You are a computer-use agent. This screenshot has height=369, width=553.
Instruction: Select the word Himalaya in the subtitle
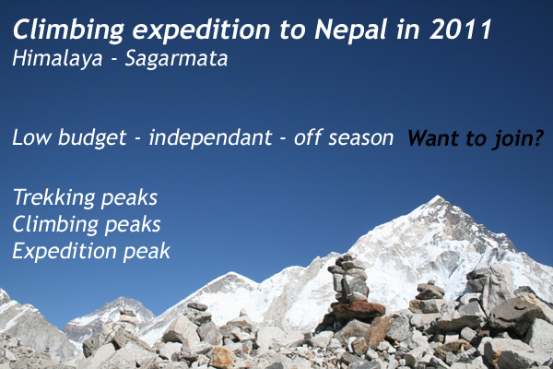point(57,59)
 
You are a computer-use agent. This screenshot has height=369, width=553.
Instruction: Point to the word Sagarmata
point(176,59)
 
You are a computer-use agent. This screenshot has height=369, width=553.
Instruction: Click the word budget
point(92,137)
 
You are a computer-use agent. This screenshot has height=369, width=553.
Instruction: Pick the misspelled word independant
point(210,138)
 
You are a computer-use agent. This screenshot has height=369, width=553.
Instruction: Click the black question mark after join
point(538,138)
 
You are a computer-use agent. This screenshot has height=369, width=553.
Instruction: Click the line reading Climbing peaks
point(87,224)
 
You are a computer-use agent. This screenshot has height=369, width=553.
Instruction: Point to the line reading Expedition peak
point(91,252)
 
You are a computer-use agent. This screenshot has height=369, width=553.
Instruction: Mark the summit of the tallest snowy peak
point(439,196)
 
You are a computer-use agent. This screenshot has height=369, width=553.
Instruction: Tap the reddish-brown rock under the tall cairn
point(359,310)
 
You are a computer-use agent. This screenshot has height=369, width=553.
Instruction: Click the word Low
point(32,137)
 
